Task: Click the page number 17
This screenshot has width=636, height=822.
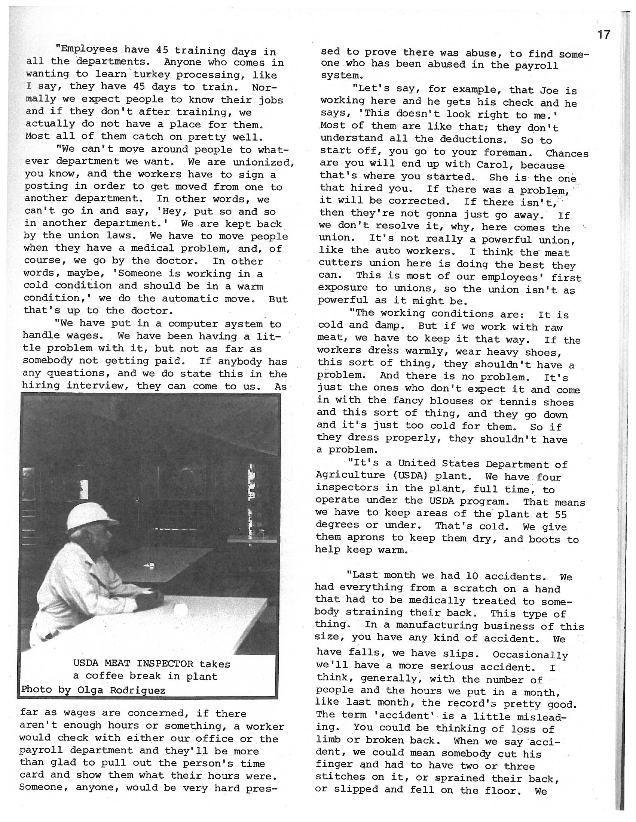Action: (x=603, y=35)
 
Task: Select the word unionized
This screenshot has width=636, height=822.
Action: (x=264, y=162)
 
